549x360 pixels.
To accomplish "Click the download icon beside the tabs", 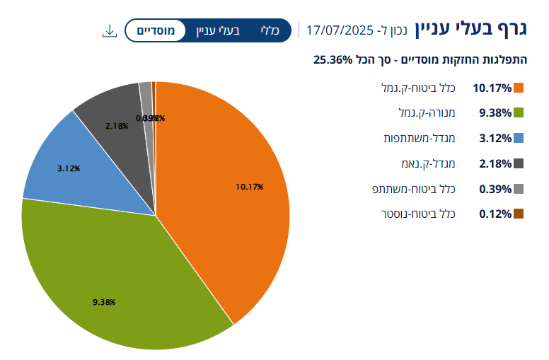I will click(x=109, y=30).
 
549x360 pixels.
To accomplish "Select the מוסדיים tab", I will click(x=156, y=30).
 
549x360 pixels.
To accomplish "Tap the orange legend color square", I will click(x=519, y=88).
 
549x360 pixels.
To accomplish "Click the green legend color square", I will click(x=519, y=113).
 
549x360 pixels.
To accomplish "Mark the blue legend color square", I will click(x=519, y=138).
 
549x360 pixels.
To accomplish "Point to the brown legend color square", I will click(x=519, y=214).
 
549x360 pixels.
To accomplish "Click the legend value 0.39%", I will click(x=495, y=189).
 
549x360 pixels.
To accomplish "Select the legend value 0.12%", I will click(x=495, y=214).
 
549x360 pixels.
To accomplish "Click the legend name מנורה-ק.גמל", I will click(x=427, y=113).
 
